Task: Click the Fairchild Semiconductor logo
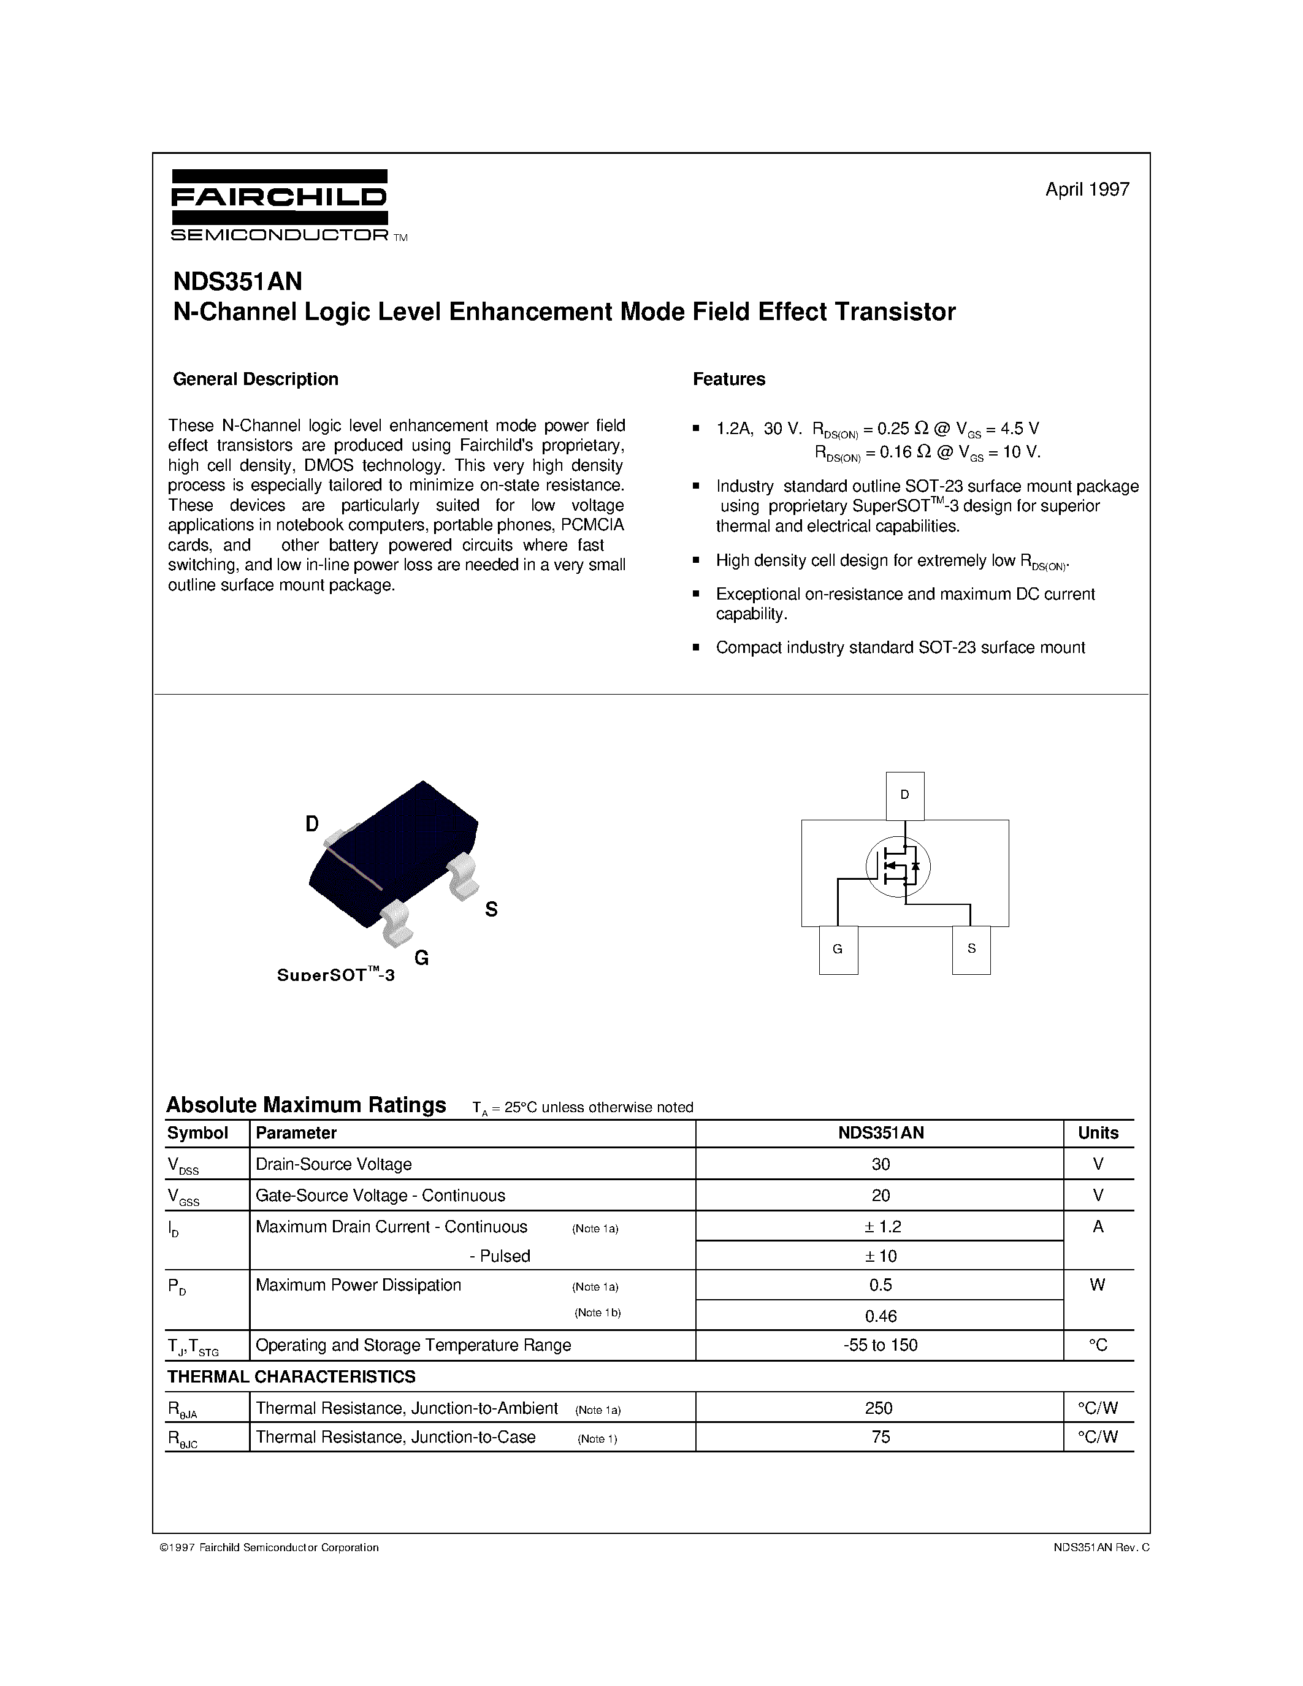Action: (280, 205)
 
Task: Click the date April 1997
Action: (1087, 189)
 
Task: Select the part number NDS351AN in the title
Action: (238, 281)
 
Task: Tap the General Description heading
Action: (256, 379)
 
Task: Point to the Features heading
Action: (728, 379)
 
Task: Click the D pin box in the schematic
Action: (904, 795)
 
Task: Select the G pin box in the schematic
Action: (838, 950)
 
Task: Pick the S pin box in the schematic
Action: (971, 949)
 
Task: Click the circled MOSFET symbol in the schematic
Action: (898, 867)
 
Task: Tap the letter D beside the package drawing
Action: (312, 824)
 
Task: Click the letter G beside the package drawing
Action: (421, 958)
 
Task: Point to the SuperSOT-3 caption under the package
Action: (336, 975)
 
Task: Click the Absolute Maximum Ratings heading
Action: (307, 1105)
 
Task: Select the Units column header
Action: (1098, 1132)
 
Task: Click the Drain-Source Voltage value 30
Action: (880, 1164)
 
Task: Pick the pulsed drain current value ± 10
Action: (880, 1256)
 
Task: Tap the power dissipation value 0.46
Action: (880, 1316)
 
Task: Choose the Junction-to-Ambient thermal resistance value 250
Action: (879, 1408)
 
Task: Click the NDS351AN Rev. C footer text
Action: (1101, 1547)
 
